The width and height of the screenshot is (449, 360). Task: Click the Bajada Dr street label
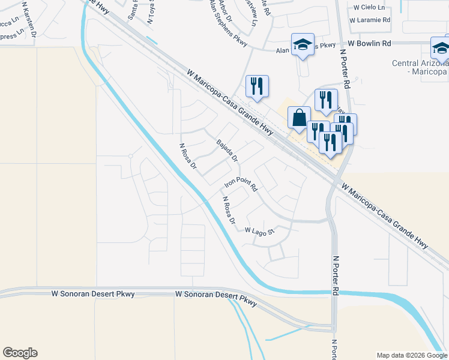click(x=228, y=151)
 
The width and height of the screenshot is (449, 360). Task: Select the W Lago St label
click(x=259, y=230)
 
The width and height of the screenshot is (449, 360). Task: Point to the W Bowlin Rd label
click(x=370, y=44)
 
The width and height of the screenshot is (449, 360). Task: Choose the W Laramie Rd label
click(x=372, y=20)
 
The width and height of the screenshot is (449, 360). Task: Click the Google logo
click(x=20, y=353)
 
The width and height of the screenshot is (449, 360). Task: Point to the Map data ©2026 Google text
click(x=412, y=355)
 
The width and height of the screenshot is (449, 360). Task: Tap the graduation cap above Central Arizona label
click(x=441, y=47)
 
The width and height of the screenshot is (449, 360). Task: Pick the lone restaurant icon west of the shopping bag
click(x=257, y=86)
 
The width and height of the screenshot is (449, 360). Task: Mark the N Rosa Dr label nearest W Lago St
click(x=228, y=211)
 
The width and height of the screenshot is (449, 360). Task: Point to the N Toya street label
click(x=151, y=11)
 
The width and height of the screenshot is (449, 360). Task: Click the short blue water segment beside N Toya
click(x=152, y=41)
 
